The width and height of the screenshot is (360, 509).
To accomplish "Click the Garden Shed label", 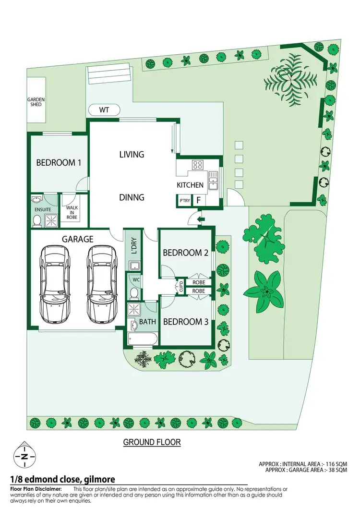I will click(x=36, y=102).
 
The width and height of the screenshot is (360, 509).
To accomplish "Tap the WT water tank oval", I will click(x=104, y=110).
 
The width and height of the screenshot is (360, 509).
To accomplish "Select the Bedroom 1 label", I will click(x=59, y=163).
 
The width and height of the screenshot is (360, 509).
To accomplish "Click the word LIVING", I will click(x=132, y=155).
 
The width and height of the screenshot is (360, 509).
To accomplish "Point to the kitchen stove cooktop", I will click(x=197, y=166).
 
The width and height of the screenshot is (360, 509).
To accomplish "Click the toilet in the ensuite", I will click(x=37, y=220).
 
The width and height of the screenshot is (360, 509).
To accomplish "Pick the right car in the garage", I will click(x=102, y=284).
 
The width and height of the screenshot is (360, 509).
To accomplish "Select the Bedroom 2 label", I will click(x=185, y=253).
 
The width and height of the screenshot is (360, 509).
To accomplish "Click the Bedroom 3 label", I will click(x=185, y=322).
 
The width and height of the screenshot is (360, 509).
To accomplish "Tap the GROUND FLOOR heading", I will click(x=152, y=442).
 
